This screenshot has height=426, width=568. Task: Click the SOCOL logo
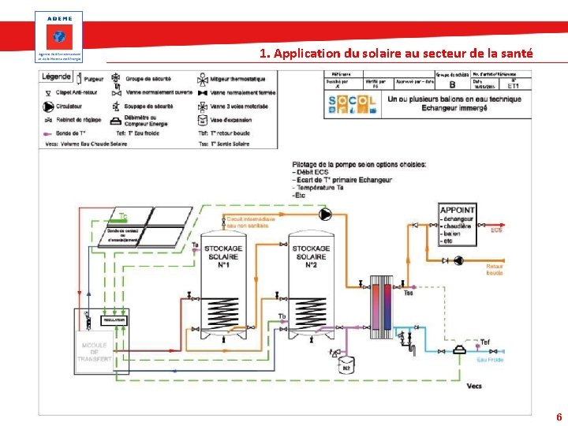point(353,105)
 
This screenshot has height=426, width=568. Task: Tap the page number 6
point(559,417)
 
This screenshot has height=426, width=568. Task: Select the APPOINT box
point(458,225)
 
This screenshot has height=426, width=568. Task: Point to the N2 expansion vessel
point(346,365)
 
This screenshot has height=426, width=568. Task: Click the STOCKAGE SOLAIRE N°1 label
point(223,255)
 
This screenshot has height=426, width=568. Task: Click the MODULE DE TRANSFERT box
point(95,350)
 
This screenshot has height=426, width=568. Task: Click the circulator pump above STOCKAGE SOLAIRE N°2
point(325,214)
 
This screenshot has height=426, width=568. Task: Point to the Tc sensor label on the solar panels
point(122,215)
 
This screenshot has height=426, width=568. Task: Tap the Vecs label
point(473,386)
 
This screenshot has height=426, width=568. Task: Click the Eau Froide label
point(490,360)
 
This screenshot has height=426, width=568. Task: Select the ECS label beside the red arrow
point(495,230)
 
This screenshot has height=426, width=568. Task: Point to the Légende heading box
point(58,77)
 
